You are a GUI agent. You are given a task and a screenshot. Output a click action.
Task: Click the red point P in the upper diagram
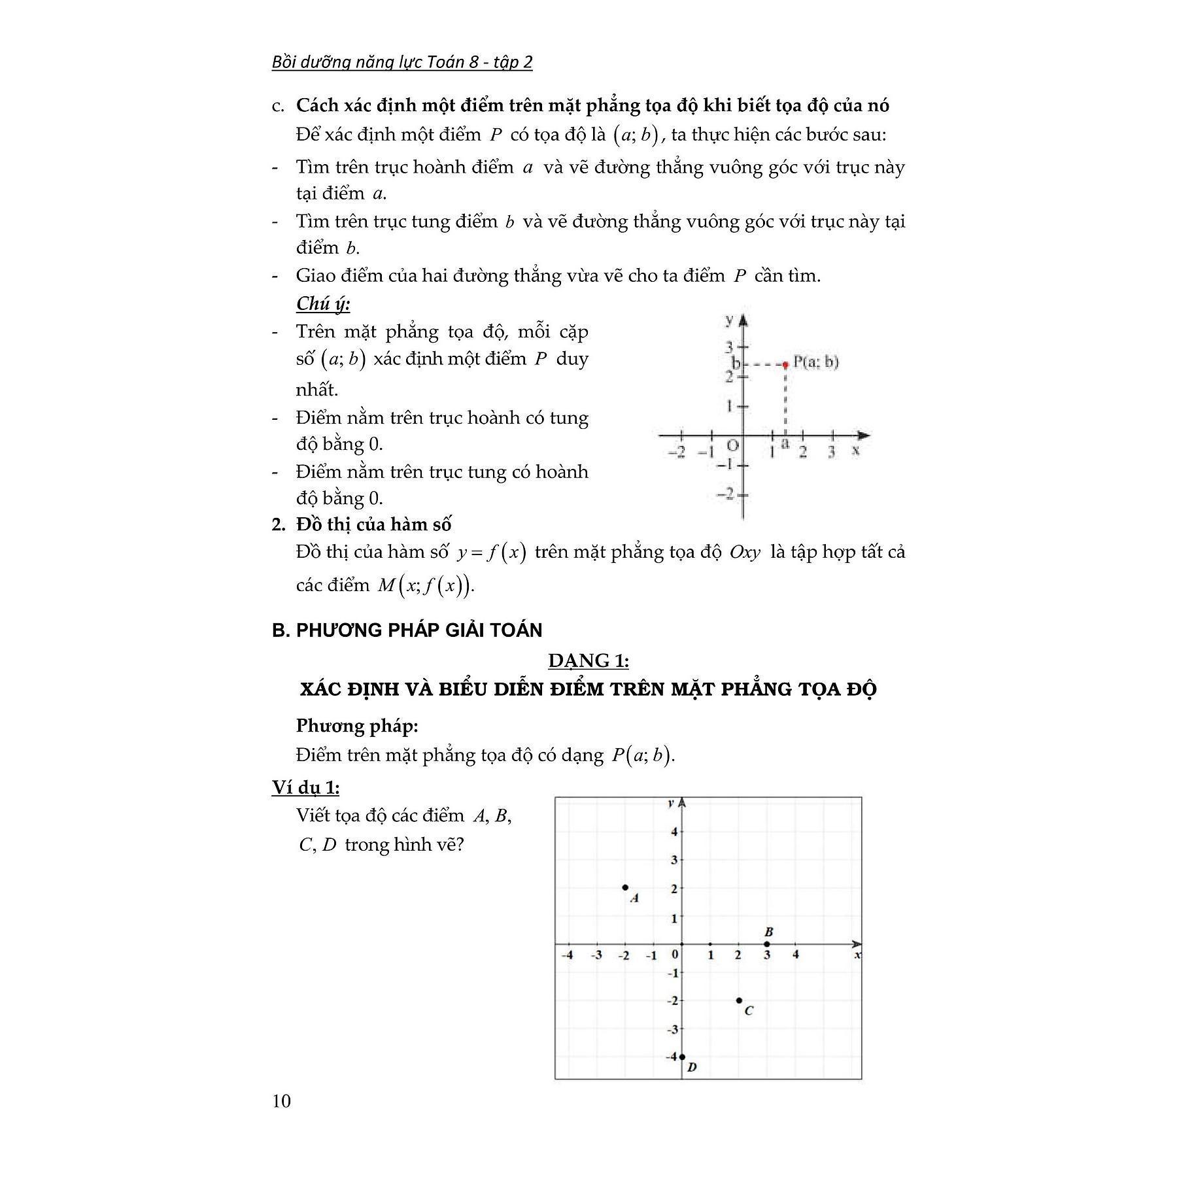785,364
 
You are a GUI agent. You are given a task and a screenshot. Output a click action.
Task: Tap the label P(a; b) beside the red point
815,362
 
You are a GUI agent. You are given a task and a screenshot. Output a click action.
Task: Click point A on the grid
625,887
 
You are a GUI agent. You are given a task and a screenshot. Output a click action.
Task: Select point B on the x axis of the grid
767,944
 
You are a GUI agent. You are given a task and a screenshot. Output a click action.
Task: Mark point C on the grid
739,1000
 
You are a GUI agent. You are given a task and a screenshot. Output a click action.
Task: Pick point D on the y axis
682,1057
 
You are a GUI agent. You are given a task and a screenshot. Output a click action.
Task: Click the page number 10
281,1101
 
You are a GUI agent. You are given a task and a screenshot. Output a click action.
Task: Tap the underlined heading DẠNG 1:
588,661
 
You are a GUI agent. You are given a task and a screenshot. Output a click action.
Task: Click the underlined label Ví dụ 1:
305,788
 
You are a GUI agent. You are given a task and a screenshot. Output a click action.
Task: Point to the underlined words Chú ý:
323,304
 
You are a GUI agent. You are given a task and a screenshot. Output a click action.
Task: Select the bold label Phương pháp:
357,726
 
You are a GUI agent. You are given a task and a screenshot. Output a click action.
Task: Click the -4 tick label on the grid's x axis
567,955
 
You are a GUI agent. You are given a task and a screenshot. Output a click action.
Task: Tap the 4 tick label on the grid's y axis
674,832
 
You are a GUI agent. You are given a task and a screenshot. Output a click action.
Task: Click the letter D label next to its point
692,1067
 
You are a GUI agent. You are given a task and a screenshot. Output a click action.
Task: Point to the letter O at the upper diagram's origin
732,446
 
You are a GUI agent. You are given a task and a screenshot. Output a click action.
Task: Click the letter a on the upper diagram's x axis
785,444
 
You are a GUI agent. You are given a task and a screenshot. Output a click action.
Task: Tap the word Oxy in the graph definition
745,553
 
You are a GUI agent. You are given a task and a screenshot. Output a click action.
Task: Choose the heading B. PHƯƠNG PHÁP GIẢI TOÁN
407,630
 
